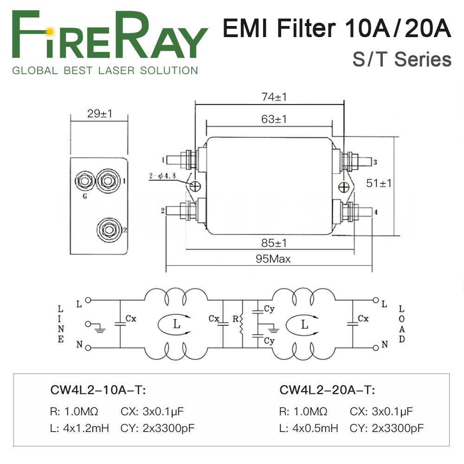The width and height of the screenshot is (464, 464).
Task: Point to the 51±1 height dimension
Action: (x=379, y=183)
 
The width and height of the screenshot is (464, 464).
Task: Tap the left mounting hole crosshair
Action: (x=196, y=186)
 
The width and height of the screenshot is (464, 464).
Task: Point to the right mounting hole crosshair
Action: (x=344, y=187)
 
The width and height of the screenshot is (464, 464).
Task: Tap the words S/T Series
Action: (x=402, y=60)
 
